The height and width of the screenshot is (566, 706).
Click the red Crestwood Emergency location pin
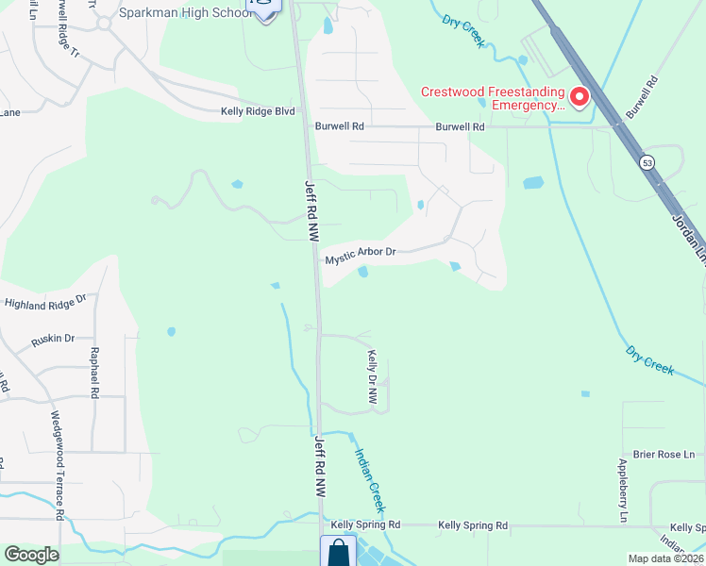pos(578,96)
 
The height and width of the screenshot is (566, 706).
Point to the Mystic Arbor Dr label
pos(360,256)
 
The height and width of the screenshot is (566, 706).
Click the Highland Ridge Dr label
pos(44,303)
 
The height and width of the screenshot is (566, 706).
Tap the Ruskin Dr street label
pos(51,338)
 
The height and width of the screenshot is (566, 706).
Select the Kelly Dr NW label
pos(372,378)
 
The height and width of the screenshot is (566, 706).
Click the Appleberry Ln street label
pos(623,491)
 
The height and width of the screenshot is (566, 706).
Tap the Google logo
pos(31,555)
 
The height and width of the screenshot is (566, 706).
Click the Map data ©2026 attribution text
pos(665,558)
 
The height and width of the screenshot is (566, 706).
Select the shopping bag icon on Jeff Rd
pos(338,552)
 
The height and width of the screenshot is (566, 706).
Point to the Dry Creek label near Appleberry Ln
pos(649,360)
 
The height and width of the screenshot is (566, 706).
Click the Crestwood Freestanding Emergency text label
pos(492,98)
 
